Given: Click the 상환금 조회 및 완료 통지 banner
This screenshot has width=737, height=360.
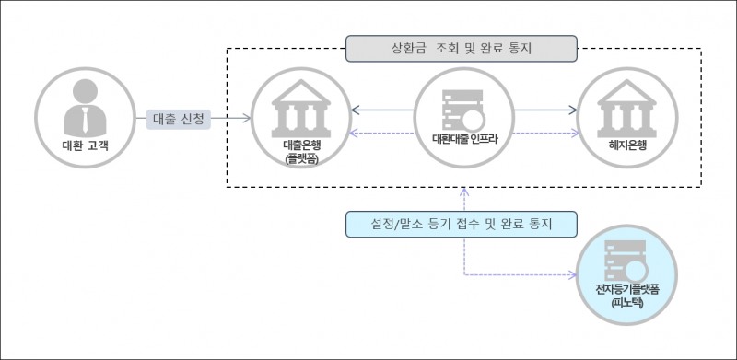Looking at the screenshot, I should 461,46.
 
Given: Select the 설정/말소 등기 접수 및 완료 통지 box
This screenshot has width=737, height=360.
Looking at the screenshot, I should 461,224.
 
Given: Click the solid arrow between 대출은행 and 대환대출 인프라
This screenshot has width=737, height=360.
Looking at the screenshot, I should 382,110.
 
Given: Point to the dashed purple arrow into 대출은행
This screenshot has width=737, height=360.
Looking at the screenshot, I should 382,134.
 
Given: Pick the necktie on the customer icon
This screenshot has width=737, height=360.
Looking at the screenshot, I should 83,119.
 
